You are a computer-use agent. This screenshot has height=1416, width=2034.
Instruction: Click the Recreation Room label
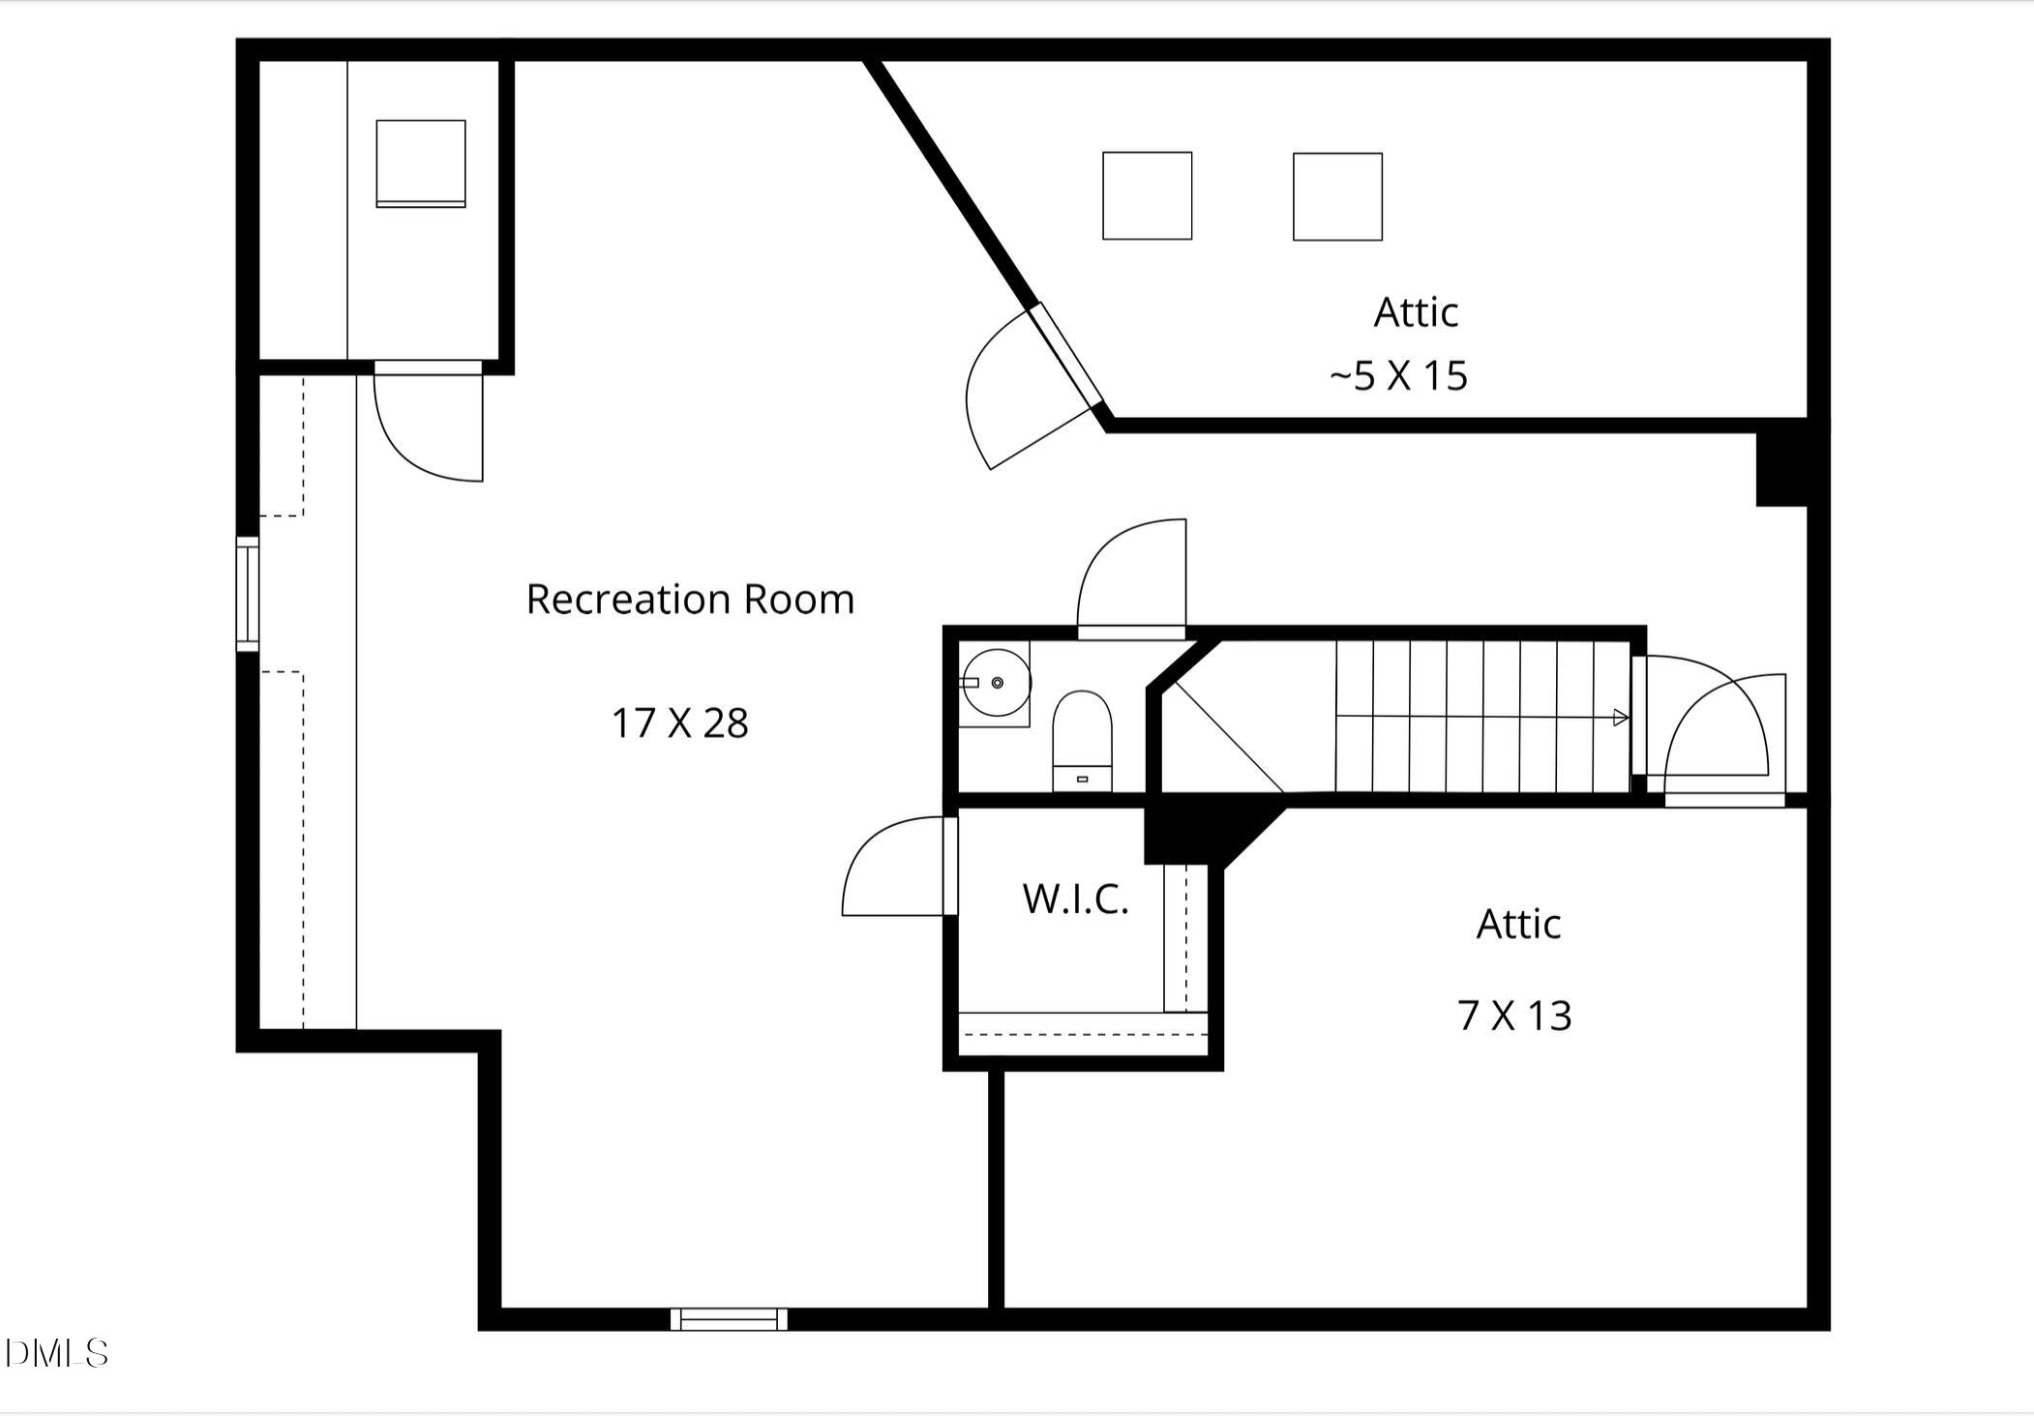point(690,600)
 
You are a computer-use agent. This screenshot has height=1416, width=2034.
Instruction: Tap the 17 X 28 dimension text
point(679,723)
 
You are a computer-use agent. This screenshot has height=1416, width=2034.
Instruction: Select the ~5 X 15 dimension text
point(1398,376)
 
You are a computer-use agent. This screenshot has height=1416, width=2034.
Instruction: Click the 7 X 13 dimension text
point(1514,1016)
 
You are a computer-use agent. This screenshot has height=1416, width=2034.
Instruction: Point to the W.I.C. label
point(1075,900)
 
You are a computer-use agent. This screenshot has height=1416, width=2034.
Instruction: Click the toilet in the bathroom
point(1082,740)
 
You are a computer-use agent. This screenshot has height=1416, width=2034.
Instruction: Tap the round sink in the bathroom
point(997,683)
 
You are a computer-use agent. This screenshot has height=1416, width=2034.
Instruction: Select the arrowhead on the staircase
point(1620,718)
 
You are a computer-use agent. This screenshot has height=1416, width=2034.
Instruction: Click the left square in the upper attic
point(1147,195)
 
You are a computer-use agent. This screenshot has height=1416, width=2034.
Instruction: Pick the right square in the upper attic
point(1337,196)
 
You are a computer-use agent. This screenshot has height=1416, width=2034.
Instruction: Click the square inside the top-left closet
point(421,163)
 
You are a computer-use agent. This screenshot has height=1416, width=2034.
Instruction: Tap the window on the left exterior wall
point(248,594)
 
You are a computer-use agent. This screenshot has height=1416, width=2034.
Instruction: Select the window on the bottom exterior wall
point(729,1318)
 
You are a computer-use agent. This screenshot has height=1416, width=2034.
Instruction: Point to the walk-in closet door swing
point(895,870)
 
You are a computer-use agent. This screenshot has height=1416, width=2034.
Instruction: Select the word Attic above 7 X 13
point(1517,925)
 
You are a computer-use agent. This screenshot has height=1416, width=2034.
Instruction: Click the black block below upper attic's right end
point(1781,468)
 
